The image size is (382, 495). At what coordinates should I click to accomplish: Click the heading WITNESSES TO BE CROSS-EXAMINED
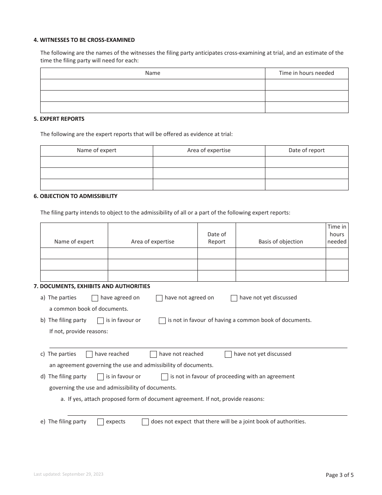[84, 40]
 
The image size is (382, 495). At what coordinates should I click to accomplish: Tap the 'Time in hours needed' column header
[306, 73]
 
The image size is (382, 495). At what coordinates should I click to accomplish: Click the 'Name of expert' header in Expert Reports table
[97, 150]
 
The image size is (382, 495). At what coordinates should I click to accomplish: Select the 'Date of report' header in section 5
[306, 150]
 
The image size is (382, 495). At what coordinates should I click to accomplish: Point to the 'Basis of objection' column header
[281, 241]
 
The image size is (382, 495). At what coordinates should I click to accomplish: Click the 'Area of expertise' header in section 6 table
[152, 241]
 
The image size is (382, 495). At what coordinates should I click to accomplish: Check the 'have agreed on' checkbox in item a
[95, 298]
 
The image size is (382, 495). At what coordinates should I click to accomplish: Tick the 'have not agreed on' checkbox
[159, 298]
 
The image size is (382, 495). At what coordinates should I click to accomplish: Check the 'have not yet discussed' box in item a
[234, 298]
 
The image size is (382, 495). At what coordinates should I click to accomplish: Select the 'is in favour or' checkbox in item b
[101, 321]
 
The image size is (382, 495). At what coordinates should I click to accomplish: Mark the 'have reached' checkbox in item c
[89, 355]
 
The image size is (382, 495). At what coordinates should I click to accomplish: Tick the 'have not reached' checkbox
[153, 355]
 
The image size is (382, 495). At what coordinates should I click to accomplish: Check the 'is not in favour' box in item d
[164, 377]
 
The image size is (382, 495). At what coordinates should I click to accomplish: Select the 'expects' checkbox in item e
[101, 422]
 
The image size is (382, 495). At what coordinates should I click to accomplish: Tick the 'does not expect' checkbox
[145, 422]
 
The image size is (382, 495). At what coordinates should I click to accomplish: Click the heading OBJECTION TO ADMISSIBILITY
[76, 196]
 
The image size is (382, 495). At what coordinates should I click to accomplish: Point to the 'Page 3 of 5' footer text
[339, 475]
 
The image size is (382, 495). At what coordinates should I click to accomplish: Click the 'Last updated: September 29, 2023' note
[68, 474]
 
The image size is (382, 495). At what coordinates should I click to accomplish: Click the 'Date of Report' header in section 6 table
[216, 238]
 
